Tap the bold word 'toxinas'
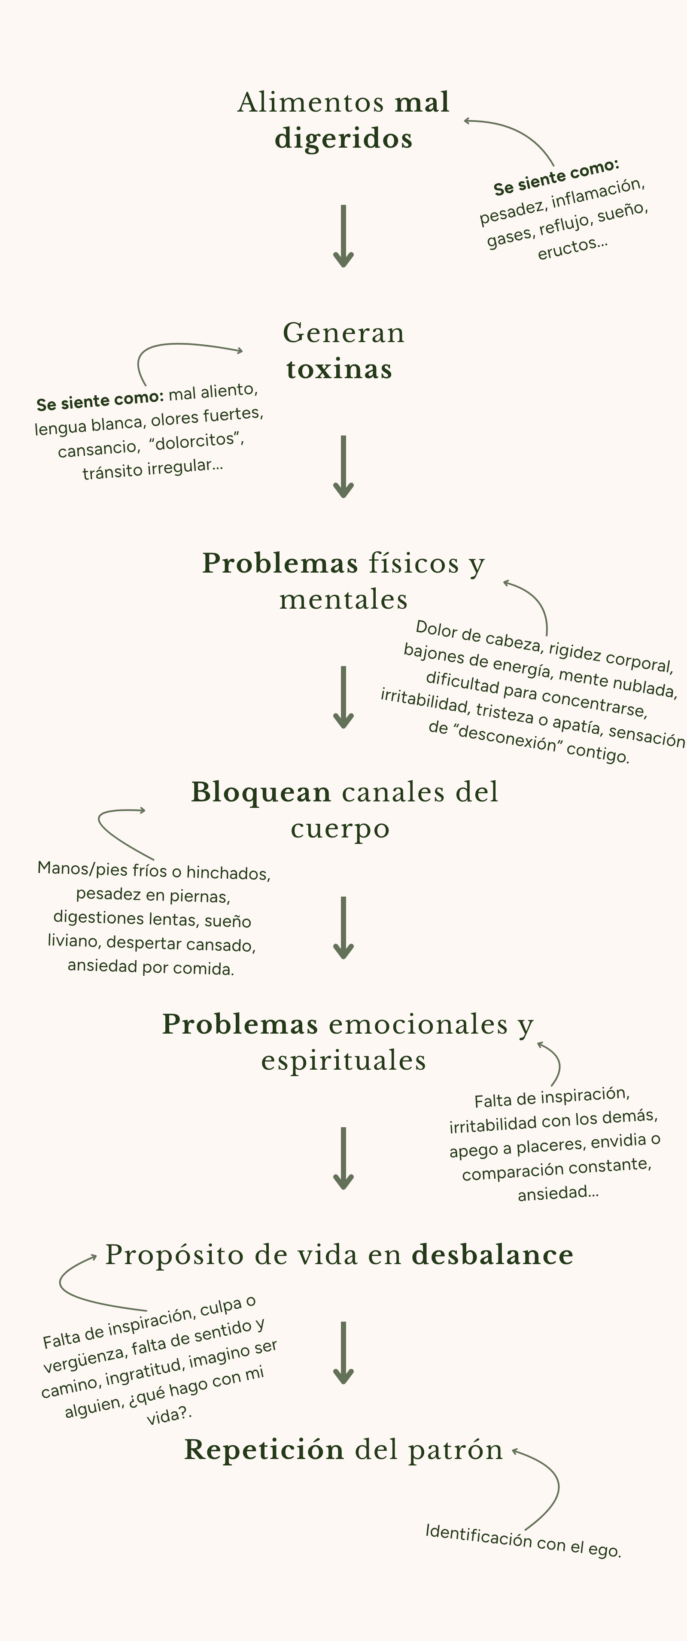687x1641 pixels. (339, 370)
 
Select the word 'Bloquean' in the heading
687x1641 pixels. (261, 792)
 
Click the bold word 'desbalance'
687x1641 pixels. (492, 1254)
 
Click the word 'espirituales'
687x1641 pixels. (343, 1060)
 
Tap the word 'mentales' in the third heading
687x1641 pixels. (343, 600)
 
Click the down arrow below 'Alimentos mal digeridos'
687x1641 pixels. (343, 236)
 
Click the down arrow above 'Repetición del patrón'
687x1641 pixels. (343, 1353)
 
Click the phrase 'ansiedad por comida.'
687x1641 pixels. (151, 967)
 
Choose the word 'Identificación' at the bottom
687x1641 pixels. (478, 1535)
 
